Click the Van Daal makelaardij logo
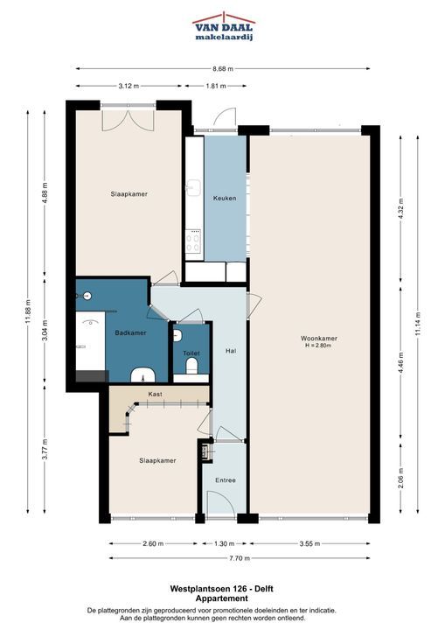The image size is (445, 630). pyautogui.click(x=224, y=26)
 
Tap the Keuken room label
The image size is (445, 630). pyautogui.click(x=225, y=198)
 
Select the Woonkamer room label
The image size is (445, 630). pyautogui.click(x=318, y=339)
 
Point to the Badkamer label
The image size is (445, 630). pyautogui.click(x=130, y=332)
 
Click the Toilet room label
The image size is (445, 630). pyautogui.click(x=191, y=353)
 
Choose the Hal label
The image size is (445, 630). pyautogui.click(x=231, y=351)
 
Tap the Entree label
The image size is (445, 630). pyautogui.click(x=226, y=480)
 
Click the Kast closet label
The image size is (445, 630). pyautogui.click(x=155, y=394)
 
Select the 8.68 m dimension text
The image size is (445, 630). pyautogui.click(x=223, y=69)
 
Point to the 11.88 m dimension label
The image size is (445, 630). pyautogui.click(x=28, y=311)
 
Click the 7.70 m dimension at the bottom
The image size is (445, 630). pyautogui.click(x=240, y=558)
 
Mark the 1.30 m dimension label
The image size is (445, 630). pyautogui.click(x=224, y=543)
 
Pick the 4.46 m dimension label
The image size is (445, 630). pyautogui.click(x=400, y=362)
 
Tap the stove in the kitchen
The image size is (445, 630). pyautogui.click(x=193, y=241)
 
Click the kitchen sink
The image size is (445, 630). pyautogui.click(x=193, y=187)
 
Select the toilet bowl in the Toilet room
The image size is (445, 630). pyautogui.click(x=191, y=365)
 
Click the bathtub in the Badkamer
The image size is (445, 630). pyautogui.click(x=90, y=341)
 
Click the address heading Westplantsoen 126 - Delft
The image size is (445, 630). pyautogui.click(x=222, y=589)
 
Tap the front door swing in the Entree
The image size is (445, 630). pyautogui.click(x=220, y=503)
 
